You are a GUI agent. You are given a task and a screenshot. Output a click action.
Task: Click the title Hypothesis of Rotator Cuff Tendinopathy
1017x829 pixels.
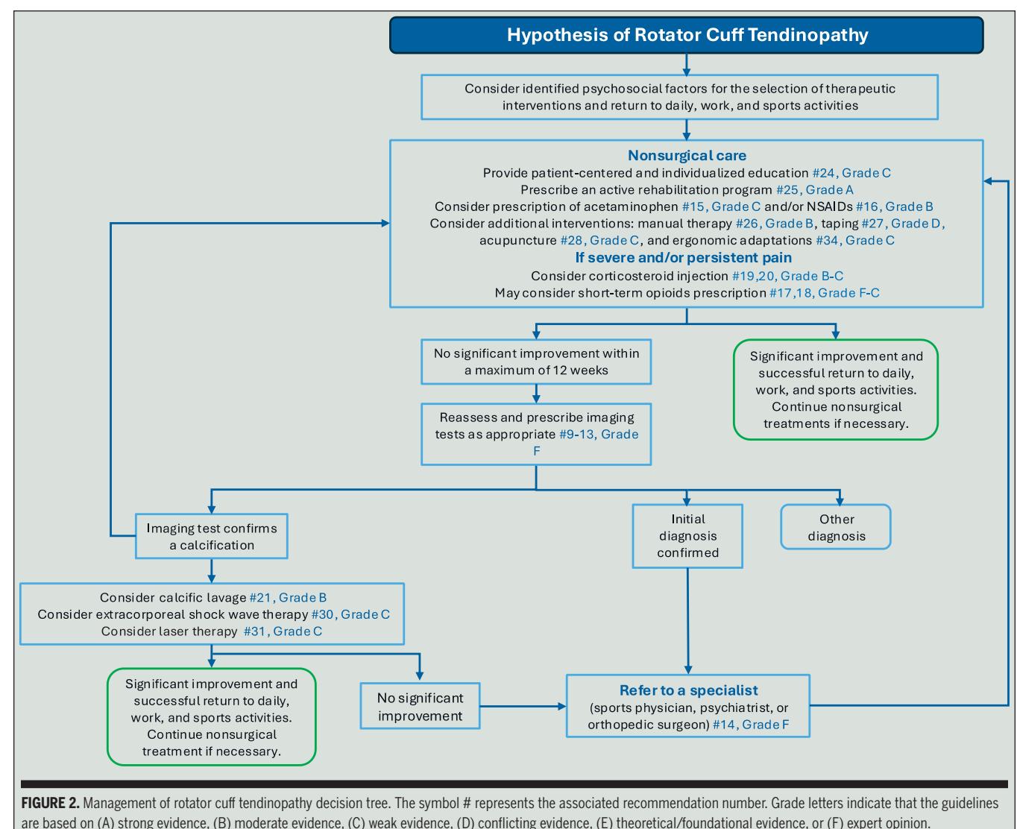tap(687, 35)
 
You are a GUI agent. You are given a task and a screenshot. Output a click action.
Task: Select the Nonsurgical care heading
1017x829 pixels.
tap(687, 155)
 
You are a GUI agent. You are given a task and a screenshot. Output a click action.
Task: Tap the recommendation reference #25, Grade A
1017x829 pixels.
tap(814, 189)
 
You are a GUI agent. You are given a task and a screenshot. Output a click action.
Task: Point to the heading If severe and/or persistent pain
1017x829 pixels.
tap(683, 257)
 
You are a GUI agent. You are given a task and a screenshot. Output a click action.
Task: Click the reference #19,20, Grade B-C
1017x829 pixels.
tap(787, 276)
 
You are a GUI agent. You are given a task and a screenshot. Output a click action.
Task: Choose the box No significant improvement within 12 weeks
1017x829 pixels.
tap(536, 362)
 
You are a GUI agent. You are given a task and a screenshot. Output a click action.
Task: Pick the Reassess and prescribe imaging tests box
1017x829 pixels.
tap(536, 434)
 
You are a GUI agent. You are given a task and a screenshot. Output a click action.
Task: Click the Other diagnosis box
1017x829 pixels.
tap(836, 526)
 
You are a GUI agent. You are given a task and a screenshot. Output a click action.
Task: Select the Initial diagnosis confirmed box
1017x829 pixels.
tap(687, 536)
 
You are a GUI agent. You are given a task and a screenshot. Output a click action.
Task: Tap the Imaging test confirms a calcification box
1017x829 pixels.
tap(211, 536)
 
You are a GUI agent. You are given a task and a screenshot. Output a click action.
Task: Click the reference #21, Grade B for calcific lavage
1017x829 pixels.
tap(288, 597)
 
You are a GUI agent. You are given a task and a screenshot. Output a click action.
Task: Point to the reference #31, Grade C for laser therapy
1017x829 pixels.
tap(283, 631)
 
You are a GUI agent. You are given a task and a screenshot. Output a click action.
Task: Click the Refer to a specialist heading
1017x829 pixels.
tap(689, 690)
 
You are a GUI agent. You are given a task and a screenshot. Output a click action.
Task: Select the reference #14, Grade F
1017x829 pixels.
tap(751, 725)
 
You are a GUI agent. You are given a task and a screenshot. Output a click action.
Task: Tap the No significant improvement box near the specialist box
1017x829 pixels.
tap(420, 706)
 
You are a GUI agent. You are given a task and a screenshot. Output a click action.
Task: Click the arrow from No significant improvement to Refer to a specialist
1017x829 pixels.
tap(523, 707)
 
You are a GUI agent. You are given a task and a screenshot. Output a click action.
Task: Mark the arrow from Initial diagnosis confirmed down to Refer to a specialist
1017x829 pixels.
tap(687, 621)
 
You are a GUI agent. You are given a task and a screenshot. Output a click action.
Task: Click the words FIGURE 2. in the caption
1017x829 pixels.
tap(50, 803)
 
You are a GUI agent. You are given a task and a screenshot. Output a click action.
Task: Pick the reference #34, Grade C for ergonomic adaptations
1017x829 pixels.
tap(855, 240)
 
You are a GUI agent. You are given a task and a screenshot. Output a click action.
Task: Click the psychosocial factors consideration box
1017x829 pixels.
tap(679, 97)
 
